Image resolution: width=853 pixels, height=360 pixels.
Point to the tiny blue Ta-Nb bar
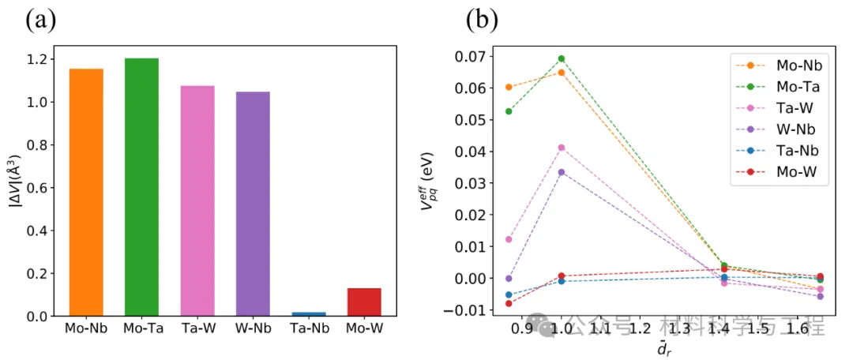point(308,314)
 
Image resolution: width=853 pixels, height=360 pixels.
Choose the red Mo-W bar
point(364,302)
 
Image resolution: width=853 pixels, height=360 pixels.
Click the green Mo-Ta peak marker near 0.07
point(562,58)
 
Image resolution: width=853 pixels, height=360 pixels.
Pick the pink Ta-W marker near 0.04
point(562,148)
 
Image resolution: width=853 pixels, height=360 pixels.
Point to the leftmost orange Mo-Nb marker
point(509,87)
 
